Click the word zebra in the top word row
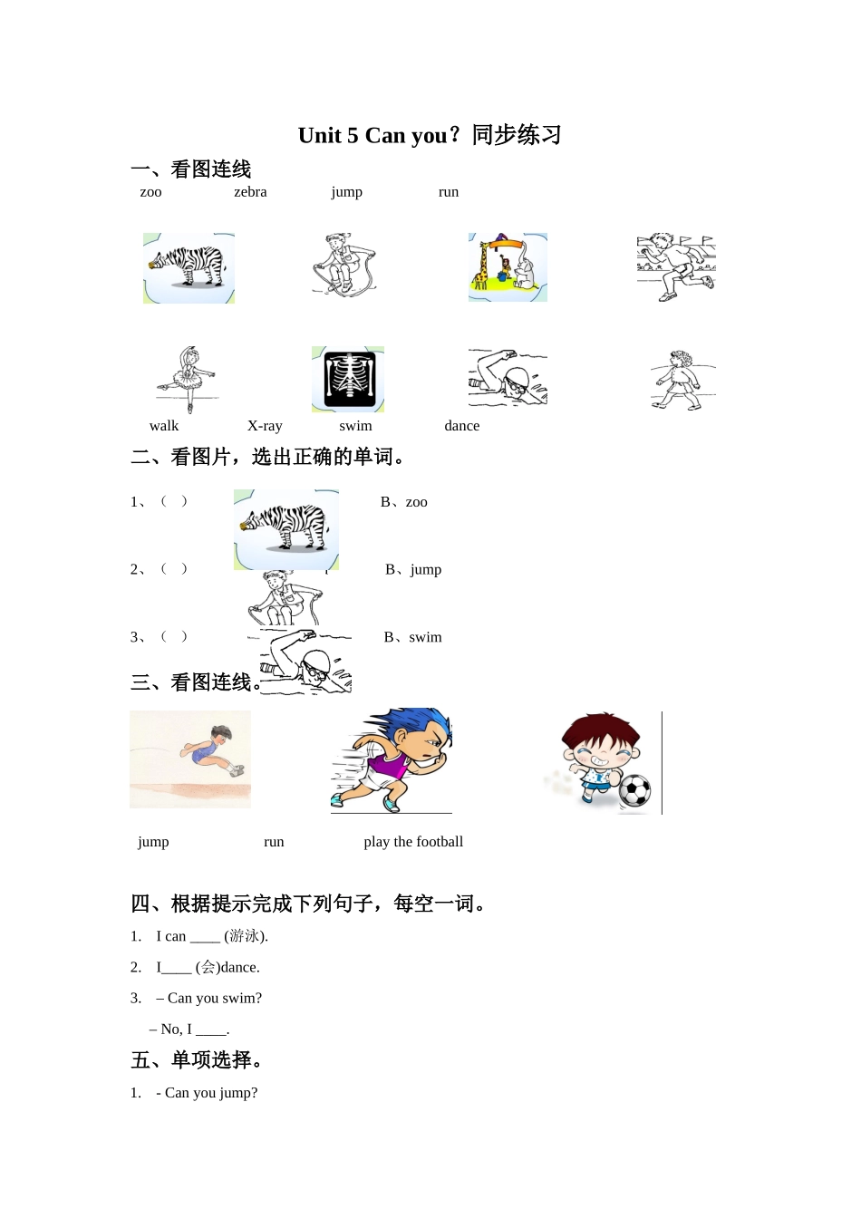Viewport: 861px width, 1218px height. point(250,192)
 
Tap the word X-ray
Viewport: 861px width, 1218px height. point(265,426)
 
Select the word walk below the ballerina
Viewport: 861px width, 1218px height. point(164,426)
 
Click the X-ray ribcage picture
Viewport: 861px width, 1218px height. point(348,379)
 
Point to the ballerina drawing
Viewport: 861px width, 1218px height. point(188,379)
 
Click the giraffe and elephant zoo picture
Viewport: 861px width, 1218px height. point(508,267)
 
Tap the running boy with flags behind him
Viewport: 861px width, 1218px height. point(676,266)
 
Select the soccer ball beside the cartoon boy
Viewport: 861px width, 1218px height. point(635,790)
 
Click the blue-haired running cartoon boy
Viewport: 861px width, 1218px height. point(392,760)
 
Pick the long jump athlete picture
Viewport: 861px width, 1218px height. point(190,759)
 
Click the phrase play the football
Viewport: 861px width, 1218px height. point(413,842)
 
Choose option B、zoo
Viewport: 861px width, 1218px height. point(404,502)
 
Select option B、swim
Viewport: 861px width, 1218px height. point(413,637)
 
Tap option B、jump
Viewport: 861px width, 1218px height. point(413,570)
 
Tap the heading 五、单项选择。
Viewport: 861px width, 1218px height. point(198,1060)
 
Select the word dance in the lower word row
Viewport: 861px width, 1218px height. point(461,426)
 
